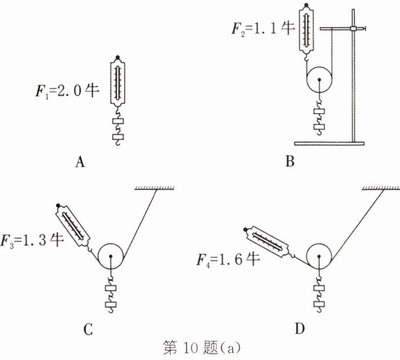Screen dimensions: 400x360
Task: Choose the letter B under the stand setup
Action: (290, 162)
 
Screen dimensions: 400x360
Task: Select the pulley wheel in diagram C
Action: (110, 255)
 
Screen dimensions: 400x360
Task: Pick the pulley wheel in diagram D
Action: (318, 255)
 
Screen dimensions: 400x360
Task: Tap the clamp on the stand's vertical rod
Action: (354, 28)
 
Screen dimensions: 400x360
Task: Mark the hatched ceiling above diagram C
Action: (155, 188)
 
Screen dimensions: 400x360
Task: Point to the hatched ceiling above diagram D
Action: (380, 188)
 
